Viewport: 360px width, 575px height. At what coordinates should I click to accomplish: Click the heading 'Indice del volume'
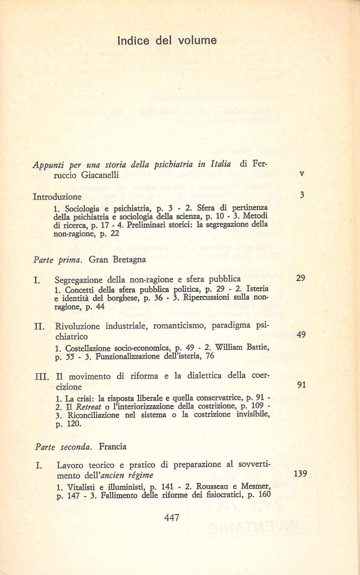[167, 41]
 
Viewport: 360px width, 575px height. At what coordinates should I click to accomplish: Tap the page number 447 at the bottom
[172, 518]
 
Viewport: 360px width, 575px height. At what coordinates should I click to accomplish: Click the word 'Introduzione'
[58, 196]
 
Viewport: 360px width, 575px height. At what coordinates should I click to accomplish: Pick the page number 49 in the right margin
[301, 334]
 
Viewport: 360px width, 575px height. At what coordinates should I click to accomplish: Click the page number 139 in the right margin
[300, 474]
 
